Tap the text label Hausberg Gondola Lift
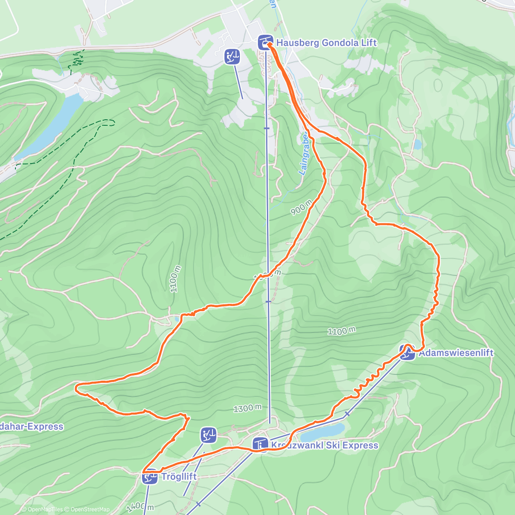click(326, 42)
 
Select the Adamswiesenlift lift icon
click(407, 353)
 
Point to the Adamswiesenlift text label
click(456, 353)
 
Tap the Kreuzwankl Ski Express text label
click(324, 445)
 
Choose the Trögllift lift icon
click(150, 477)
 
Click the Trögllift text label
click(179, 476)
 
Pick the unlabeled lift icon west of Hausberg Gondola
click(232, 57)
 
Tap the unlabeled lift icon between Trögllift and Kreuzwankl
click(209, 435)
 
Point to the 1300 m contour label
click(247, 408)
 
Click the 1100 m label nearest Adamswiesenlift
click(342, 331)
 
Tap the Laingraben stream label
click(304, 154)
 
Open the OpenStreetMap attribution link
click(90, 509)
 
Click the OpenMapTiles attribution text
click(45, 509)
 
